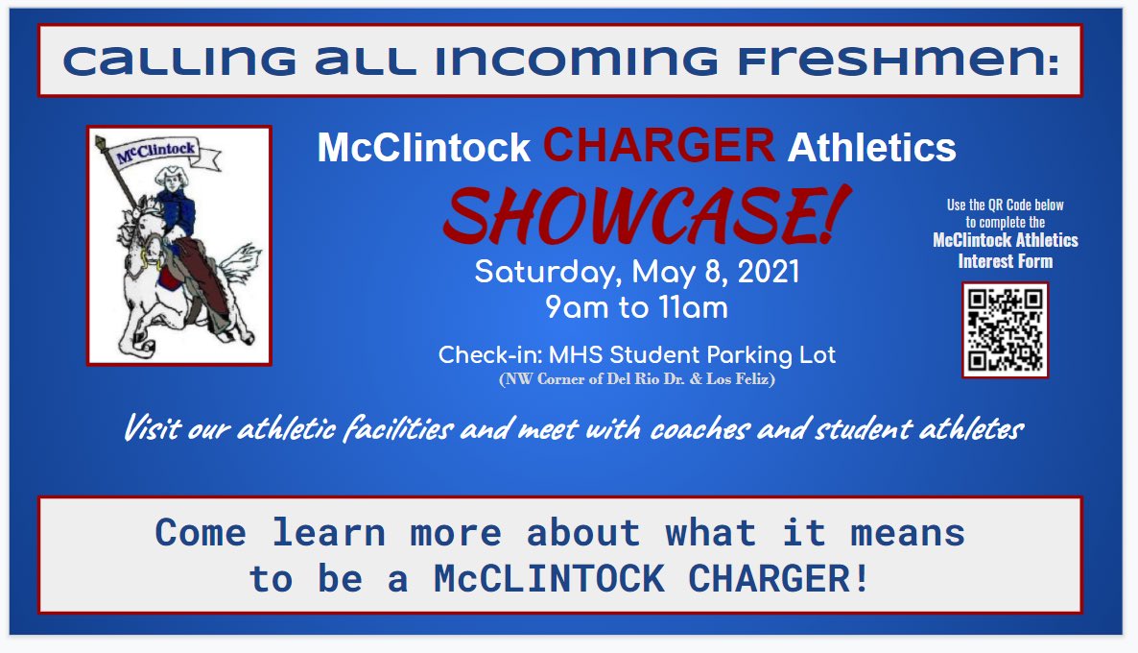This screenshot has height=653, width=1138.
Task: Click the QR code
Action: (1005, 329)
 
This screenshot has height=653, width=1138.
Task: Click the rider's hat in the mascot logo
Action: (174, 176)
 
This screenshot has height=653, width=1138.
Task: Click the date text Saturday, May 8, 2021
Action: (636, 272)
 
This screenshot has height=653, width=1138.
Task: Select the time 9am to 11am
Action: (636, 307)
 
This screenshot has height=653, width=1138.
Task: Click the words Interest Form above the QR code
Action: (1005, 260)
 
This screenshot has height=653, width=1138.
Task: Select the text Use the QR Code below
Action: (1005, 205)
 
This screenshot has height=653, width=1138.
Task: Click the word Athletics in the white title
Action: (871, 147)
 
